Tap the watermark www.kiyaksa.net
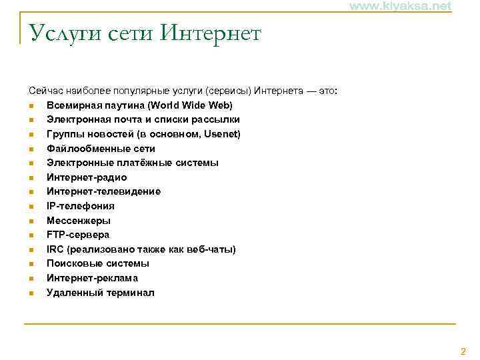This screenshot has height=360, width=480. [400, 6]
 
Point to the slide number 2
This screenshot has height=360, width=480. [463, 351]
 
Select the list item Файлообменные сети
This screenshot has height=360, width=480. [101, 149]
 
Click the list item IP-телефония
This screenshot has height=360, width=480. [80, 206]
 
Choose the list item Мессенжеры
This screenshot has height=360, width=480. [79, 221]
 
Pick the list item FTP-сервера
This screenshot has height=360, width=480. [78, 235]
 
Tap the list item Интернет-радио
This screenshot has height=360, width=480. [87, 177]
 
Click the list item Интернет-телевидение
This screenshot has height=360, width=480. [103, 191]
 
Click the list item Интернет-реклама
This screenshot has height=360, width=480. [92, 278]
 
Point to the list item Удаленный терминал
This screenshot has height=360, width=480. [100, 293]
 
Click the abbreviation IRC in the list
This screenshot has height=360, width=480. [55, 249]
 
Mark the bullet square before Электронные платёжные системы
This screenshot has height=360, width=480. [31, 163]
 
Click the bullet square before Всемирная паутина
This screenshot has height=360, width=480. [31, 106]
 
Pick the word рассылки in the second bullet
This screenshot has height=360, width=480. [217, 119]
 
